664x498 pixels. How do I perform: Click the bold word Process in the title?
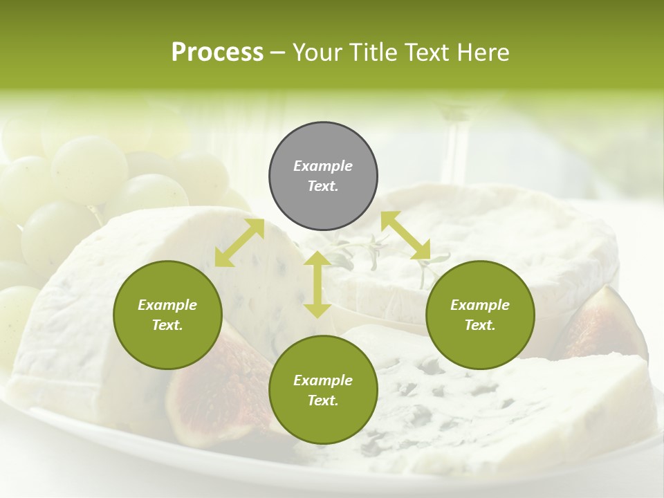click(217, 53)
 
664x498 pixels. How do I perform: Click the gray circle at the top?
click(323, 176)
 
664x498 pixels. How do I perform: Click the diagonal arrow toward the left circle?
click(239, 243)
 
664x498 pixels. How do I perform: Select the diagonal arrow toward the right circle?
click(405, 236)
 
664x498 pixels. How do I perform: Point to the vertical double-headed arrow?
click(317, 284)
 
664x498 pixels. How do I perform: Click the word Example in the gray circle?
click(323, 166)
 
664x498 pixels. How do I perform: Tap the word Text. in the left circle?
click(167, 325)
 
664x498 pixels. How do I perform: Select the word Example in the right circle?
click(480, 305)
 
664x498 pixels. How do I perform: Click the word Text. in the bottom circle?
click(323, 400)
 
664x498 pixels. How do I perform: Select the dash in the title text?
click(277, 53)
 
